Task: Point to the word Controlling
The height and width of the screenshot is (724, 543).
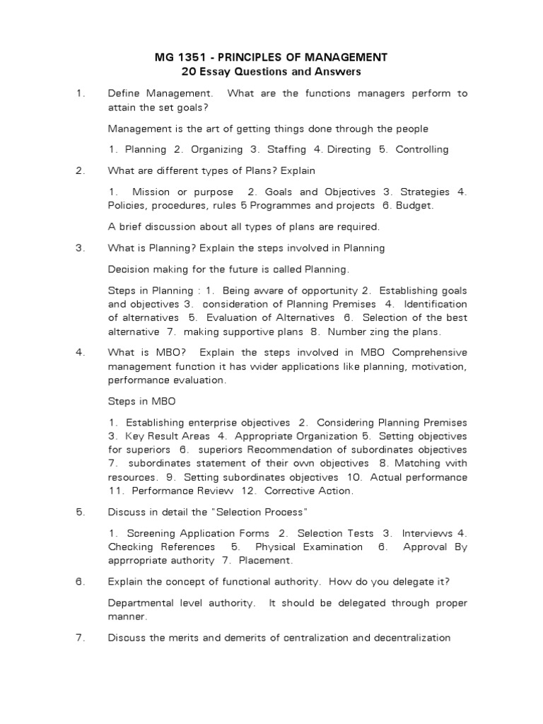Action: (x=422, y=149)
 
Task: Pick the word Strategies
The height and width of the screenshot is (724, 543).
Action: (x=426, y=192)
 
